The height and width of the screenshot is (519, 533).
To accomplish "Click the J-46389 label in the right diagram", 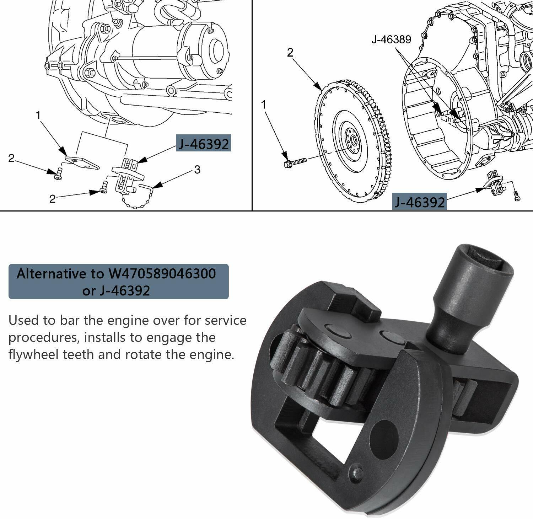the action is pos(391,39).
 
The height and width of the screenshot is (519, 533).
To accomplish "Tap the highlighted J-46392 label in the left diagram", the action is pos(204,144).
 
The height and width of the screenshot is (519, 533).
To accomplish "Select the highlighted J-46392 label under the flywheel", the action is pos(420,202).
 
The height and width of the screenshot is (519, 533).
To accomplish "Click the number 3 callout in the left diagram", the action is pos(197,169).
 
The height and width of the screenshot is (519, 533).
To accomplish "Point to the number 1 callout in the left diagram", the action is pos(38,115).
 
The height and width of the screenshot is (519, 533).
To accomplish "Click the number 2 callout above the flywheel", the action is pos(290,53).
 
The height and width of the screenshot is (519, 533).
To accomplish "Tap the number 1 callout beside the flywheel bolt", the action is pos(263,105).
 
